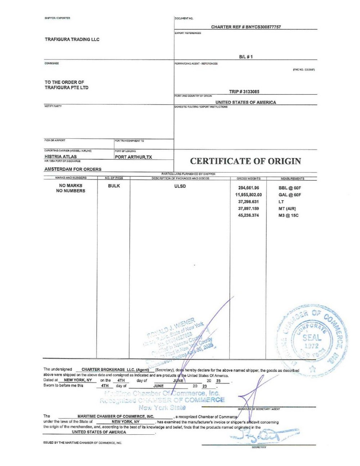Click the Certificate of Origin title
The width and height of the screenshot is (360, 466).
click(x=245, y=161)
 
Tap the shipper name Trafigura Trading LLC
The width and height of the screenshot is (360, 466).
click(x=72, y=39)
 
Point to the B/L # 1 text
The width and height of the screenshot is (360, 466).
click(x=246, y=57)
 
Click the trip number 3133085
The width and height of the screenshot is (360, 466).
click(x=244, y=92)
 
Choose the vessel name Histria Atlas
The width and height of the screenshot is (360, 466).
click(x=60, y=157)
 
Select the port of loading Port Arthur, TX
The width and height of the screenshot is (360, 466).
click(x=133, y=157)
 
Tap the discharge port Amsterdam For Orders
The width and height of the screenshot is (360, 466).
click(x=73, y=169)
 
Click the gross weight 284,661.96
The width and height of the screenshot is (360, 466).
click(x=248, y=188)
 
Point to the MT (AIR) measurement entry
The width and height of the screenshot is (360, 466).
click(x=287, y=209)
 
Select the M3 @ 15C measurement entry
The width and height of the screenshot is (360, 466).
click(x=288, y=215)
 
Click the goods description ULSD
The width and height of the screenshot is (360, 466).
click(x=180, y=186)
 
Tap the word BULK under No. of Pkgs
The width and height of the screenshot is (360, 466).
click(x=114, y=186)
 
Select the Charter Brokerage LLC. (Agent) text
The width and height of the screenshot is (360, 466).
click(x=115, y=369)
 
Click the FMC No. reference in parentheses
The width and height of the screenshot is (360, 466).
click(x=304, y=70)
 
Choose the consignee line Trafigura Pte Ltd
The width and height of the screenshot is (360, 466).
click(x=66, y=88)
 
